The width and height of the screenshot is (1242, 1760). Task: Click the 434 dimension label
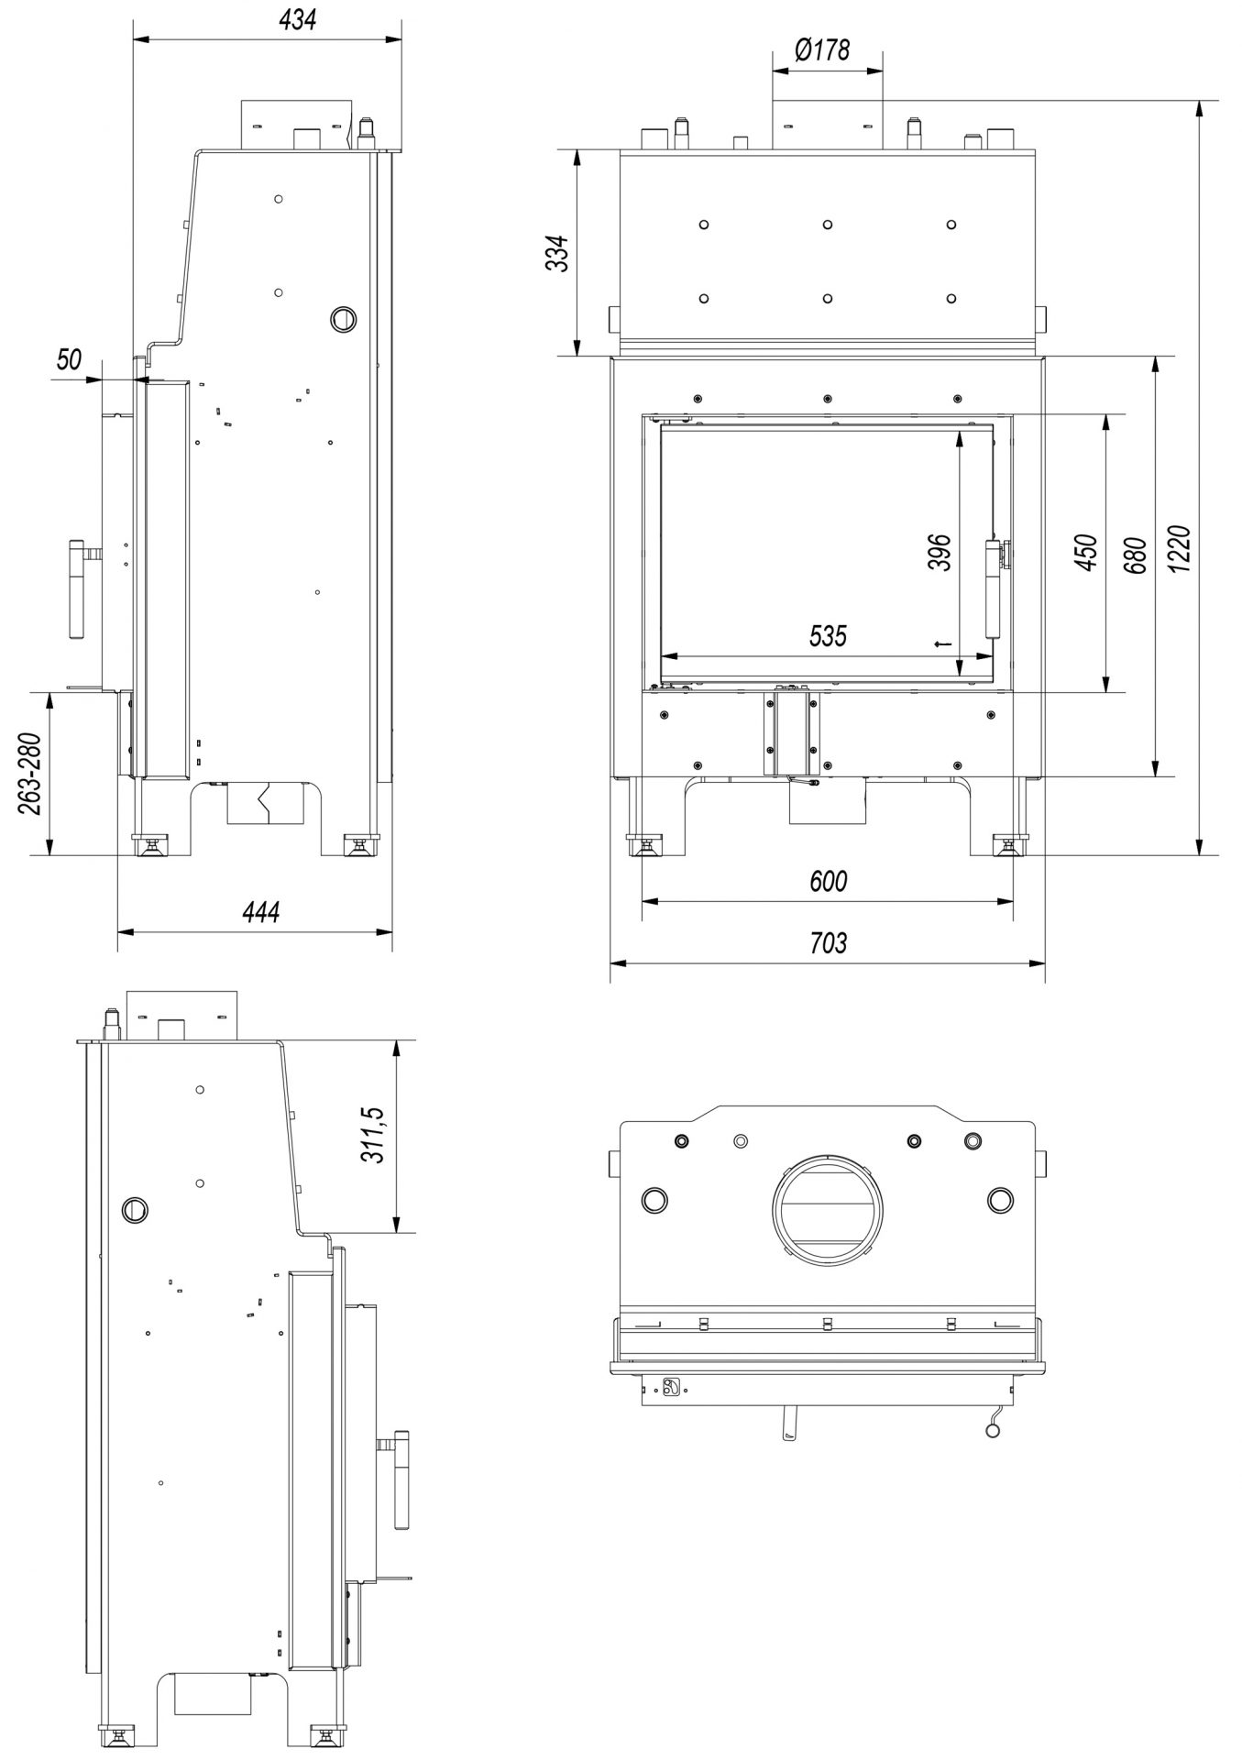[x=300, y=19]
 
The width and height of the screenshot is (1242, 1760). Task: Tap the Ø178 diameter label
[x=822, y=49]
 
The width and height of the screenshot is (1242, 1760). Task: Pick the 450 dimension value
[x=1086, y=553]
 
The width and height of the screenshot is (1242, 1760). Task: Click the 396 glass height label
[x=940, y=552]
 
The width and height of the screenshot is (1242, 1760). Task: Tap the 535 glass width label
[x=828, y=635]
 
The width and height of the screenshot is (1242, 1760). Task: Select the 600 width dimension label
[x=828, y=881]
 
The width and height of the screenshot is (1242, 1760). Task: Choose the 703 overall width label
[x=828, y=942]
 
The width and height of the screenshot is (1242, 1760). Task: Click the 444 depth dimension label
[x=260, y=911]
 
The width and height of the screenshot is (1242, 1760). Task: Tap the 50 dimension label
[x=69, y=360]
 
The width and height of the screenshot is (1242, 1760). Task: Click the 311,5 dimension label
[x=373, y=1135]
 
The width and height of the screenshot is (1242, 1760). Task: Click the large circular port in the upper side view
[x=343, y=317]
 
